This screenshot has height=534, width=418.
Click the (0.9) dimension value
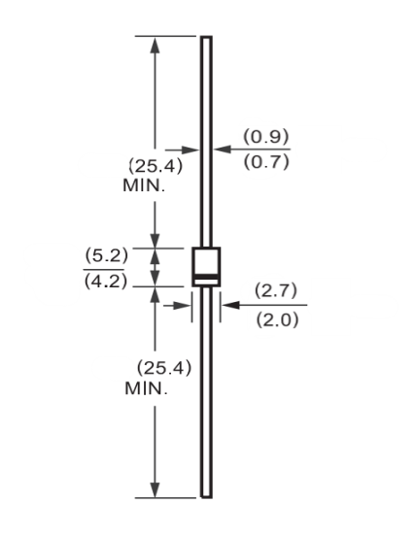point(266,137)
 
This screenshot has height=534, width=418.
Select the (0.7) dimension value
point(266,161)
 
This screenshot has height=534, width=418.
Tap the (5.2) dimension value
point(107,255)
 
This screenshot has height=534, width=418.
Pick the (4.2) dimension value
point(106,282)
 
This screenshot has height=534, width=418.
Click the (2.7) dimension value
point(276,290)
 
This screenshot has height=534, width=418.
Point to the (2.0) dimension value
point(277,319)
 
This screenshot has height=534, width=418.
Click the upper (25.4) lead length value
point(156,166)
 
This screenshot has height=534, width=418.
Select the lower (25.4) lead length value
point(164,368)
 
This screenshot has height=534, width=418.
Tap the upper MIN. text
point(144,186)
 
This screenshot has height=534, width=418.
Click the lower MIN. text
point(146,388)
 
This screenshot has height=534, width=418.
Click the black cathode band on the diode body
point(206,277)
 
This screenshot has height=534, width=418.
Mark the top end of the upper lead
point(206,37)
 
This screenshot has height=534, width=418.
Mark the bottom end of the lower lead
point(206,497)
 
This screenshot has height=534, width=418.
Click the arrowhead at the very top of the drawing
point(156,45)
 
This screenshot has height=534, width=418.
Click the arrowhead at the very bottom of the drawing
point(156,489)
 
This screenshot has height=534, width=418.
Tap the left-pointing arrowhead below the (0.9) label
point(223,150)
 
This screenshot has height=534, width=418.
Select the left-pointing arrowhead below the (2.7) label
point(230,305)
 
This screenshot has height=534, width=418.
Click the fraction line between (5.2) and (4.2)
point(104,269)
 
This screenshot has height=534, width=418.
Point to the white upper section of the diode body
point(206,261)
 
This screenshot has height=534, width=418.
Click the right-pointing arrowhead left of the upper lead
point(190,150)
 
